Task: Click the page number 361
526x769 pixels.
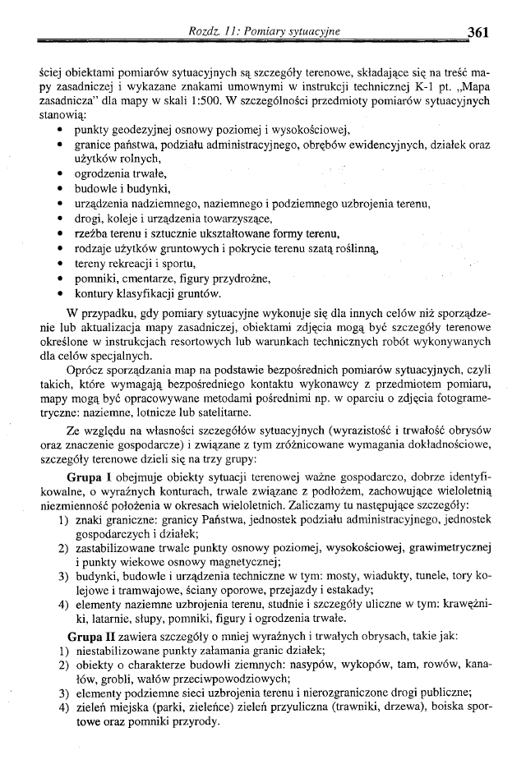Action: [478, 32]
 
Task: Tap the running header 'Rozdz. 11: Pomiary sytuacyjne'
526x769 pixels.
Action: [264, 32]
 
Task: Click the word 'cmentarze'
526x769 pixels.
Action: [152, 279]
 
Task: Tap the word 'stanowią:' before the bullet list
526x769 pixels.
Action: [63, 116]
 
